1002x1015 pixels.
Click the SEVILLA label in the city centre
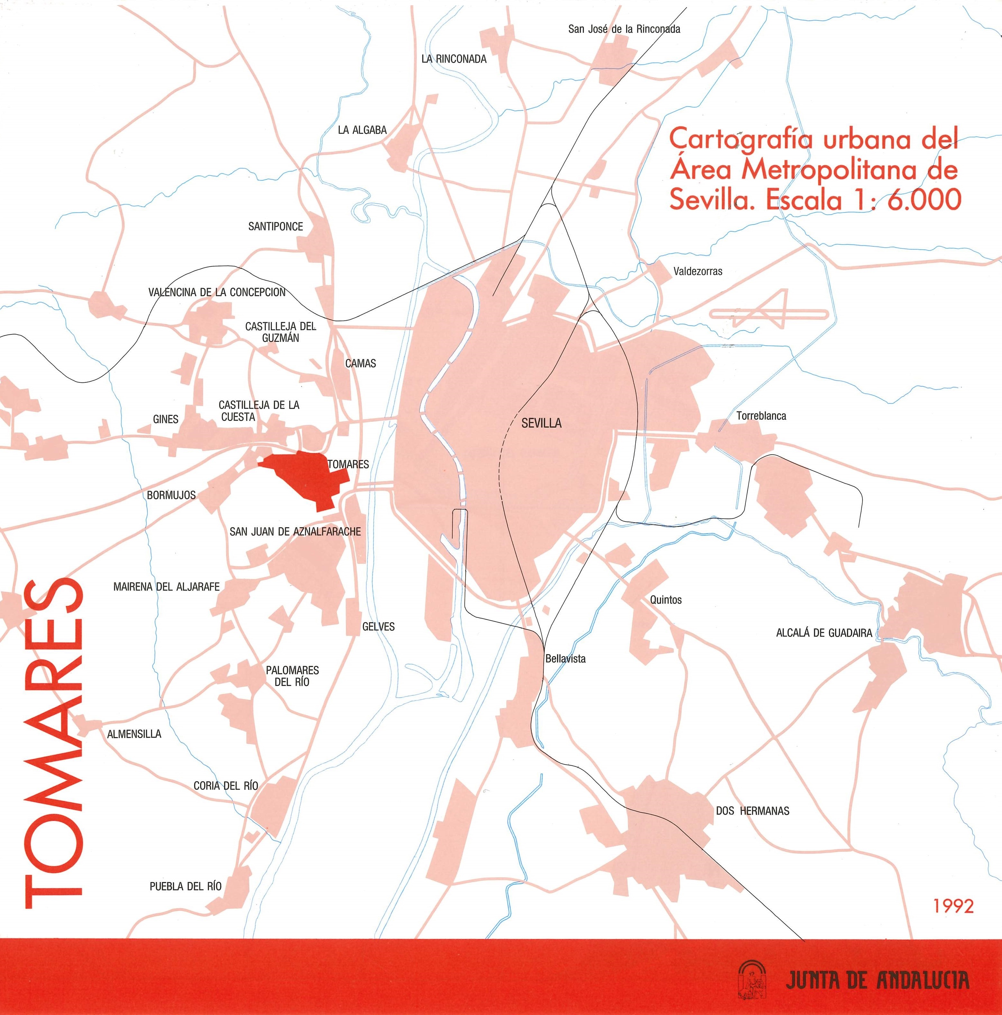coord(542,423)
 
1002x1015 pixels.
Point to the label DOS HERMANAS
coord(752,811)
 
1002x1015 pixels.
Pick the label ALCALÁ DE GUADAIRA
coord(824,633)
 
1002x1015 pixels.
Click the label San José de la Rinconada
coord(624,29)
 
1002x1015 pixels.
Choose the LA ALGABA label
coord(362,130)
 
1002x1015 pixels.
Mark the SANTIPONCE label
coord(276,226)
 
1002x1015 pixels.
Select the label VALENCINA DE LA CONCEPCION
coord(217,292)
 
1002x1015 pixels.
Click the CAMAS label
coord(361,363)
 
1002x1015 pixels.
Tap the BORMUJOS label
coord(171,495)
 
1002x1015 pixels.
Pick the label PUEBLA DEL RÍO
coord(185,886)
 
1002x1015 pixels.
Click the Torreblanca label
coord(761,416)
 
